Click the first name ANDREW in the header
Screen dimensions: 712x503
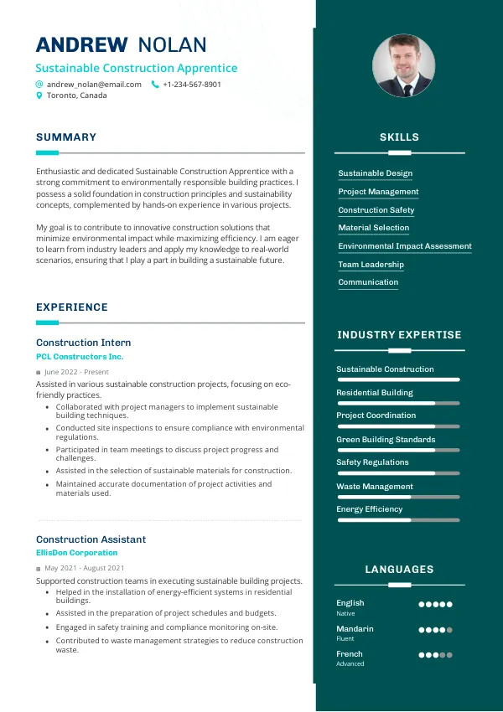(x=81, y=45)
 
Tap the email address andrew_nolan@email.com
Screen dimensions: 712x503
(x=94, y=85)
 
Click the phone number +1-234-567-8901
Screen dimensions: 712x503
(x=192, y=85)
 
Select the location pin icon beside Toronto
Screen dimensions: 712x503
(x=39, y=95)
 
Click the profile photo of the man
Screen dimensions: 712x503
(x=403, y=65)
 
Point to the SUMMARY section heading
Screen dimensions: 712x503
(x=66, y=137)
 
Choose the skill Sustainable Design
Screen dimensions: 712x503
(x=375, y=173)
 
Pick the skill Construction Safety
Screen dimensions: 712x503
(x=376, y=210)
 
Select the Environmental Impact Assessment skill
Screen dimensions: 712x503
(x=404, y=246)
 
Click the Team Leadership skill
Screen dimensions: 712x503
(x=371, y=265)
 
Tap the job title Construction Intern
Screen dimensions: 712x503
(x=83, y=343)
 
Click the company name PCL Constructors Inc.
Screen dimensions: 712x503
(x=80, y=357)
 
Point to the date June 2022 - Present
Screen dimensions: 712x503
(x=76, y=372)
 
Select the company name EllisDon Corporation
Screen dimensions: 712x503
(x=76, y=553)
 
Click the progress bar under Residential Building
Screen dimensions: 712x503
(x=398, y=403)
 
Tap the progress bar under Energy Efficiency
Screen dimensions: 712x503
(x=398, y=520)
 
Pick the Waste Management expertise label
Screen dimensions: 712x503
(x=374, y=487)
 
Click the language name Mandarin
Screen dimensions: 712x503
(x=355, y=629)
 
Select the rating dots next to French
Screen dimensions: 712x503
(x=435, y=655)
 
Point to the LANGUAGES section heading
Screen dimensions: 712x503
(x=399, y=570)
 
